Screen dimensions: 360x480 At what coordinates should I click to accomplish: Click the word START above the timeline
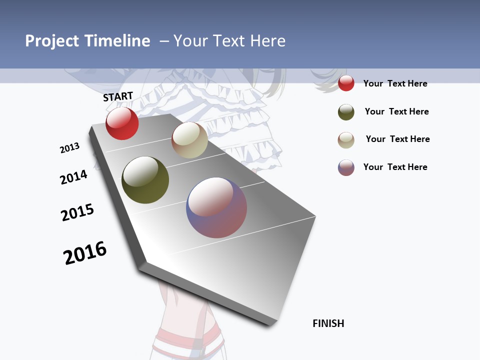click(x=118, y=96)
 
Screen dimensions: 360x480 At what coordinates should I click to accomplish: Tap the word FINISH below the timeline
click(x=328, y=323)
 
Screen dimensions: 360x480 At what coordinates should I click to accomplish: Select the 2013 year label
click(x=69, y=148)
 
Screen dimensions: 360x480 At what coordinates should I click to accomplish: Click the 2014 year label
click(x=73, y=177)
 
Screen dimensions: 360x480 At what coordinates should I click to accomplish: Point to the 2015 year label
click(x=77, y=212)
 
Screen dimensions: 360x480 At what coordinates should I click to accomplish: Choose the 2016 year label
click(x=85, y=253)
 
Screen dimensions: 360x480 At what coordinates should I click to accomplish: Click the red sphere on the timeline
click(x=122, y=123)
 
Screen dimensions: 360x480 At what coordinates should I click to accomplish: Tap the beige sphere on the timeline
click(x=189, y=140)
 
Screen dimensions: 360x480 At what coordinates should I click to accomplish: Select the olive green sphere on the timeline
click(x=145, y=180)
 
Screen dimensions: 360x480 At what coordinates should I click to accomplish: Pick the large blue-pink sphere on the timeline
click(x=216, y=207)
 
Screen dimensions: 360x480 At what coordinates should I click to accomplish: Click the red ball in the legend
click(x=346, y=83)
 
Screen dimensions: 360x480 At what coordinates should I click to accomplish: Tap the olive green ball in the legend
click(x=346, y=112)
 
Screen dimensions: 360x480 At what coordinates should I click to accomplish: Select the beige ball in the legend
click(x=346, y=140)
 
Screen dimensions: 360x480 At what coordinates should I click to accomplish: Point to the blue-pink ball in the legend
click(x=346, y=167)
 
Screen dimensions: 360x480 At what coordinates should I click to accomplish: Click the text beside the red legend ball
click(x=395, y=83)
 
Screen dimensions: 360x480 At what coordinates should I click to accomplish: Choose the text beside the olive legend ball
click(x=396, y=111)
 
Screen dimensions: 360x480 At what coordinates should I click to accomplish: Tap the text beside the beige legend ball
click(x=397, y=139)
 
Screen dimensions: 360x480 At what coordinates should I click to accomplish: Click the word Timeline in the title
click(x=117, y=41)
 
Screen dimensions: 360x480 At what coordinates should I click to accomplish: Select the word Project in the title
click(x=52, y=41)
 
